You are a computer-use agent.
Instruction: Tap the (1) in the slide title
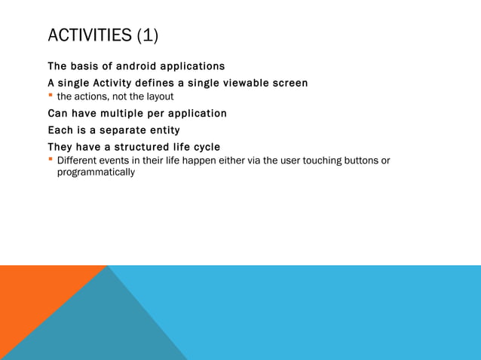[x=148, y=35]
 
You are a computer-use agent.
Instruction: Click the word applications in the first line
[x=195, y=66]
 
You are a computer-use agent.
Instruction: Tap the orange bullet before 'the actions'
[x=51, y=96]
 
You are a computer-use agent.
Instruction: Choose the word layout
[x=159, y=97]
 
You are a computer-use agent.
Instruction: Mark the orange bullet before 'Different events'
[x=51, y=160]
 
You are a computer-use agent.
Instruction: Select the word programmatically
[x=96, y=172]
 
